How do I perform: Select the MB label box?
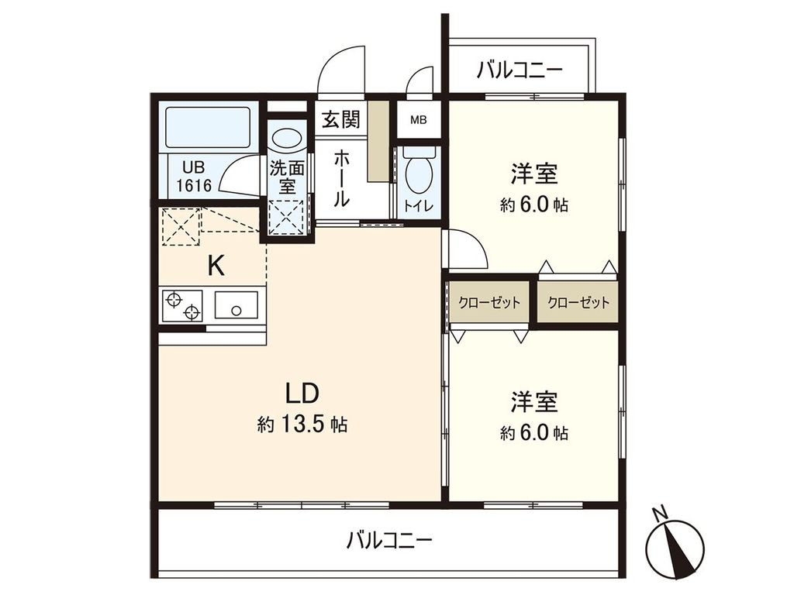(418, 120)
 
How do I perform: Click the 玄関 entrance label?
(340, 119)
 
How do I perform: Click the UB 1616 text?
(195, 176)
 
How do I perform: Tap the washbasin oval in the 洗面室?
(288, 139)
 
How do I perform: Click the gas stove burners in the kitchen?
(182, 307)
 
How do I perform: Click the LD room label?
(302, 393)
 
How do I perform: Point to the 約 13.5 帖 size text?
(302, 425)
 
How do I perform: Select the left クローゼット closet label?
(488, 303)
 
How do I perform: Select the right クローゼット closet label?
(578, 303)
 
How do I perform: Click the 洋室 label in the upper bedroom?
(533, 174)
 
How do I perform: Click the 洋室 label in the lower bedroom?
(533, 402)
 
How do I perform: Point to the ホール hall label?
(340, 179)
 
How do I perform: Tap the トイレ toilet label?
(418, 206)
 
